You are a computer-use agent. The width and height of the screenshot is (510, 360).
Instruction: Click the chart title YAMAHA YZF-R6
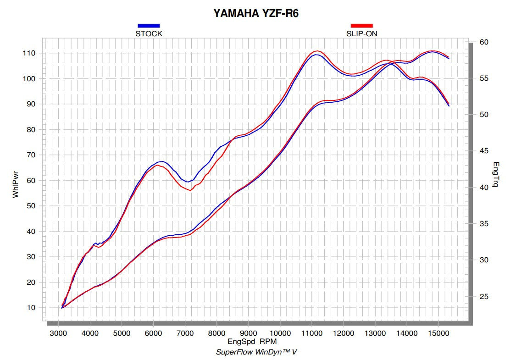256,13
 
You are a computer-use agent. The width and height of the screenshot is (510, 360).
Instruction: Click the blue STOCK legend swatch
149,26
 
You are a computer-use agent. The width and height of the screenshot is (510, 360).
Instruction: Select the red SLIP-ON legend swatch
362,26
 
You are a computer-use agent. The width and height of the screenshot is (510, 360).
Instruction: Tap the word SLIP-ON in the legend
362,33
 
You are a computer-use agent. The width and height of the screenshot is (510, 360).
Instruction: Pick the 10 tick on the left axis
30,308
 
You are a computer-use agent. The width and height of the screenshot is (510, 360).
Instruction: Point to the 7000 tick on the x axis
185,332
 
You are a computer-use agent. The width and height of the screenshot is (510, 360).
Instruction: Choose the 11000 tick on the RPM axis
312,332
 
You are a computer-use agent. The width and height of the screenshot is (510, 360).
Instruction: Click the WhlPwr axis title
16,183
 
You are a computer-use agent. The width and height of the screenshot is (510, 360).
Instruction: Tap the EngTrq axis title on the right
497,175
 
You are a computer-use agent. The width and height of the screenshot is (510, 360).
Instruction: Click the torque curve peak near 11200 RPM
316,51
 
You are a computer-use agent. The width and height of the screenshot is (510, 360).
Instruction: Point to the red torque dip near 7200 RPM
190,190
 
